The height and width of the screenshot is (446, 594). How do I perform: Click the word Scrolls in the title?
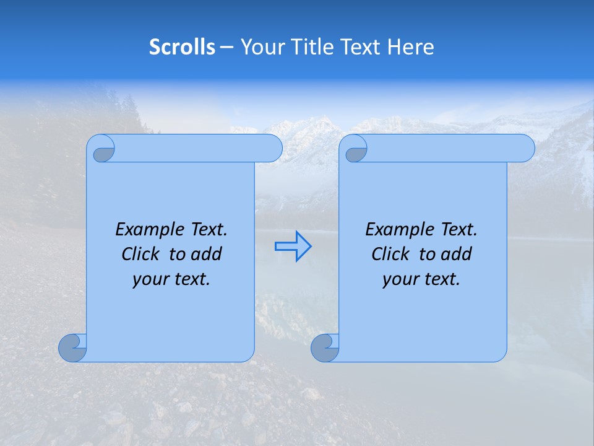(182, 47)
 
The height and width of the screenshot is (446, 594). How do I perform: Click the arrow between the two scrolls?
(293, 247)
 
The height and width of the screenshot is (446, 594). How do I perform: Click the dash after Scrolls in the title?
(226, 47)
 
